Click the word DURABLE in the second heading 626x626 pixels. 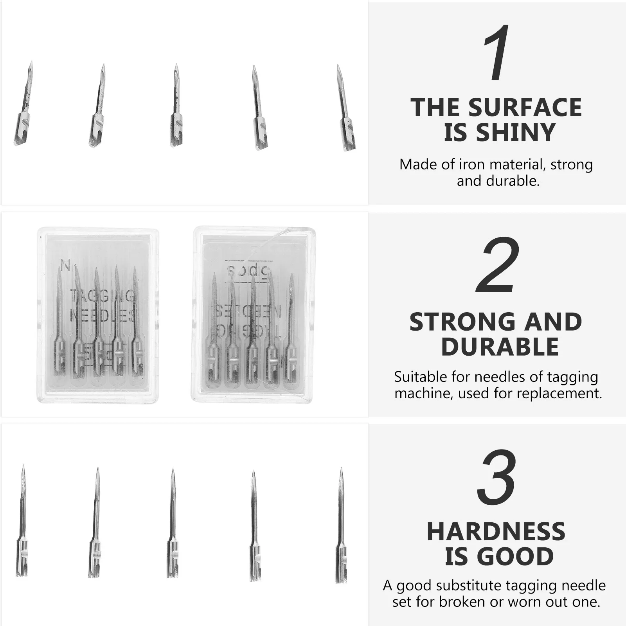pyautogui.click(x=500, y=347)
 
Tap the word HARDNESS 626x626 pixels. pyautogui.click(x=496, y=531)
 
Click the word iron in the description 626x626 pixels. pyautogui.click(x=473, y=165)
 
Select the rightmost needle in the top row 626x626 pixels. pyautogui.click(x=345, y=108)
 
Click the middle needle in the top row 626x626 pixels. pyautogui.click(x=176, y=106)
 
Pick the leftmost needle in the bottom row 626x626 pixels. pyautogui.click(x=22, y=520)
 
